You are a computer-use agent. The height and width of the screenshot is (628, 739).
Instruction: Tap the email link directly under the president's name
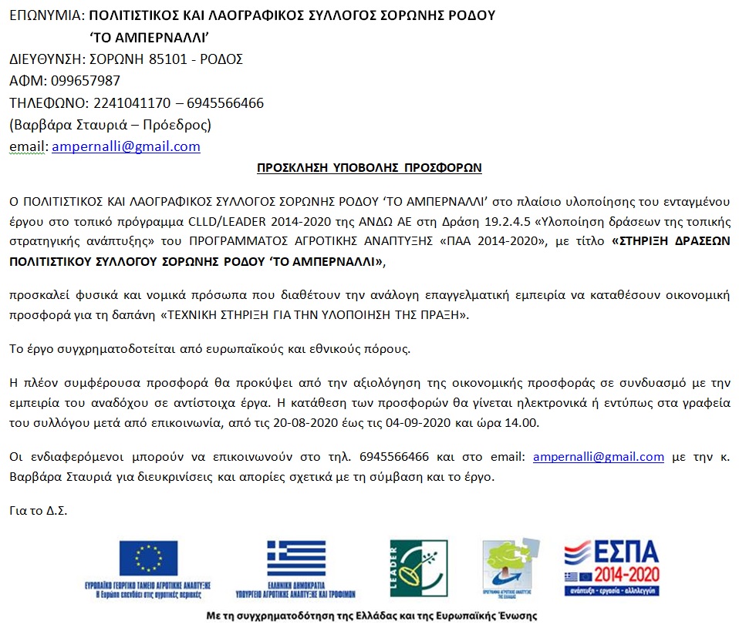point(126,146)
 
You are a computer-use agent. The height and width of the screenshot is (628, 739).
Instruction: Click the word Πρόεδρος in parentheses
point(179,124)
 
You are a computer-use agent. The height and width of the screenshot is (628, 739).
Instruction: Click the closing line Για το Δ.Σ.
point(38,510)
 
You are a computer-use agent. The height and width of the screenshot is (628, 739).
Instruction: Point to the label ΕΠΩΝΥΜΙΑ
point(43,15)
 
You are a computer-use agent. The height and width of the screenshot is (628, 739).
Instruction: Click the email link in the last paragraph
point(598,457)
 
